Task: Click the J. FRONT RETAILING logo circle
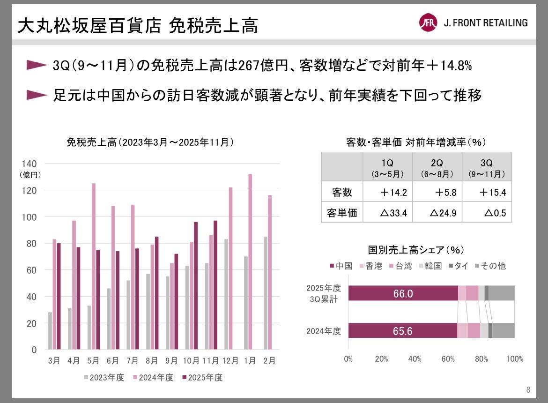pos(428,22)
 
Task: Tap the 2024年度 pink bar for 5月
pos(93,266)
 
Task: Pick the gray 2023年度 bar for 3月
pos(50,331)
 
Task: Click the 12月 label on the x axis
pos(230,361)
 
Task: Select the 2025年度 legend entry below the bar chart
pos(202,378)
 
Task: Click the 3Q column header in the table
pos(487,167)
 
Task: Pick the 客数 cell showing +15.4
pos(487,192)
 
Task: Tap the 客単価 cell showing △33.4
pos(387,213)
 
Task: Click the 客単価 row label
pos(342,213)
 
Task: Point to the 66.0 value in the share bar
pos(403,293)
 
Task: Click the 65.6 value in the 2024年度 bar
pos(403,331)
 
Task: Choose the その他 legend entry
pos(489,266)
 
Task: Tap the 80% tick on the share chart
pos(481,359)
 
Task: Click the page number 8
pos(528,390)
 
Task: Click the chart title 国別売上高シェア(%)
pos(416,250)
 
